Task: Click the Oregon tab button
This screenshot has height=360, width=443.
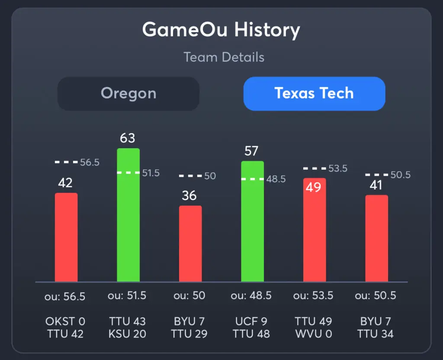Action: (x=128, y=93)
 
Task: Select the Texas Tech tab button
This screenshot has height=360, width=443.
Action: (x=314, y=93)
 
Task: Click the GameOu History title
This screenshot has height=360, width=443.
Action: (x=221, y=30)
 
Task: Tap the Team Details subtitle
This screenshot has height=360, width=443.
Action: (x=224, y=57)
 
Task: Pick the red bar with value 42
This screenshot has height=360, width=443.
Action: (x=66, y=237)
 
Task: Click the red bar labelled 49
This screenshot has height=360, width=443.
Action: (x=315, y=230)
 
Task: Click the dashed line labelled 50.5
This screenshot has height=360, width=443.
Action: (x=376, y=175)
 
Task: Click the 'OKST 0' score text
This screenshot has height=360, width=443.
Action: (x=65, y=322)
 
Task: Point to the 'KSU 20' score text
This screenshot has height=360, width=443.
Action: (x=128, y=334)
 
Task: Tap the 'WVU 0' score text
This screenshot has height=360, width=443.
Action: (x=314, y=334)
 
